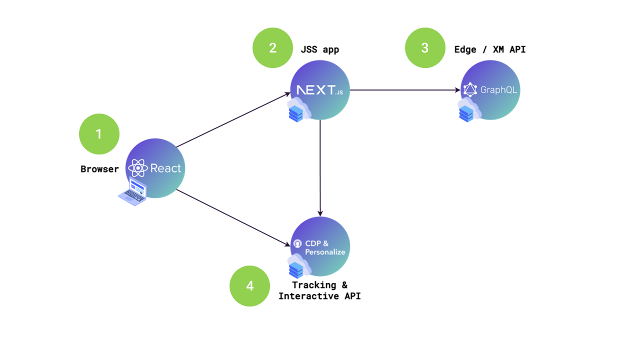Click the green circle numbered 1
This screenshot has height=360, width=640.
click(99, 134)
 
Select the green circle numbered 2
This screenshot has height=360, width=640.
click(272, 47)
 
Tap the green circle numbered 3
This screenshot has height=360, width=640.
click(424, 47)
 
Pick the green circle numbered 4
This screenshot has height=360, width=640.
click(249, 285)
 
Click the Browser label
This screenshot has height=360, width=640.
click(99, 169)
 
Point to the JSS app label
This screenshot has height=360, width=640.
click(319, 49)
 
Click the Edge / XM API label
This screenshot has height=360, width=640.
click(489, 49)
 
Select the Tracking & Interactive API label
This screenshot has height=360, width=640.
click(319, 290)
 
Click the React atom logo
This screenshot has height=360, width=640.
click(138, 168)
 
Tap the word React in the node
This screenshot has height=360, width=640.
click(165, 168)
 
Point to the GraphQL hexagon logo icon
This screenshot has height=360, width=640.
click(470, 90)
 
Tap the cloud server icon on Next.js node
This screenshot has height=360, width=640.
click(298, 110)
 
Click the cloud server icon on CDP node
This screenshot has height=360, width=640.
click(298, 266)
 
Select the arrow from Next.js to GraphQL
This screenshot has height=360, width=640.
click(405, 90)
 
